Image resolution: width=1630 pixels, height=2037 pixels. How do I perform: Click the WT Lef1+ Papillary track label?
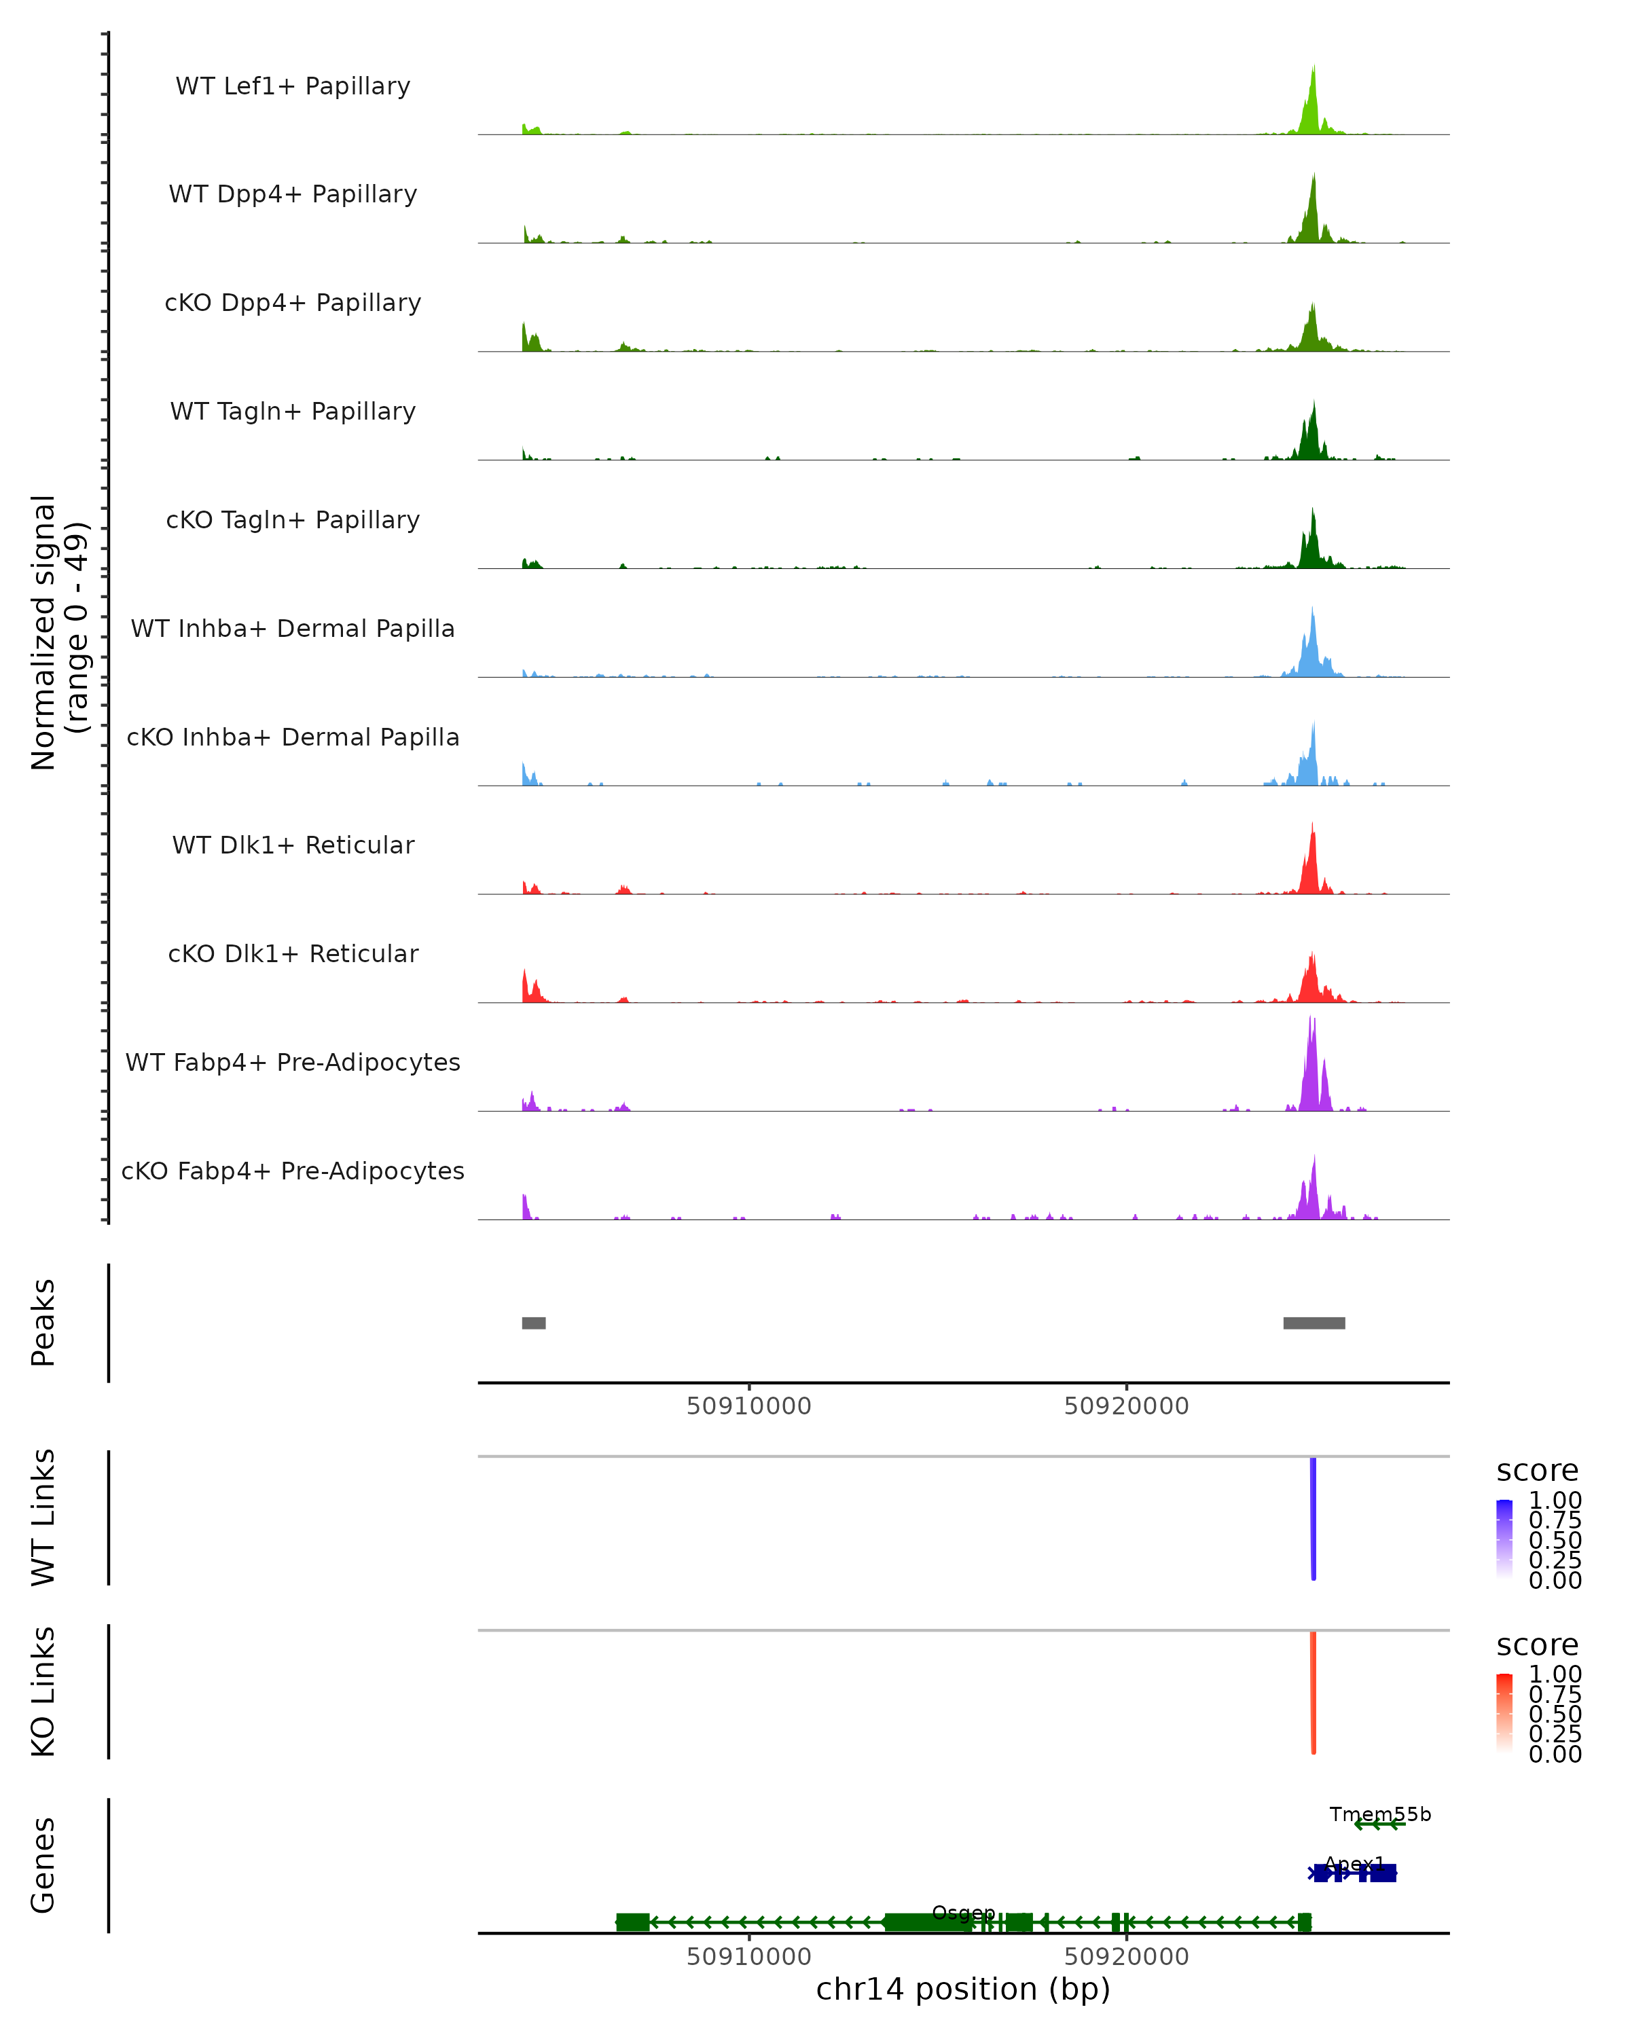click(x=293, y=86)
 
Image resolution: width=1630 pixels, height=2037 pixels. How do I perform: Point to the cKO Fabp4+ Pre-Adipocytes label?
click(x=293, y=1171)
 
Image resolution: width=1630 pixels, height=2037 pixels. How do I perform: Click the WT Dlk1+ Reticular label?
click(x=293, y=845)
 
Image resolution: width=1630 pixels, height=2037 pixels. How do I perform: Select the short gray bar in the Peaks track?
click(x=534, y=1323)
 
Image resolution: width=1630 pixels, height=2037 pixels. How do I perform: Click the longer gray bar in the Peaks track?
click(x=1314, y=1323)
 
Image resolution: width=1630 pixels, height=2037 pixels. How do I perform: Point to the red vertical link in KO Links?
click(x=1314, y=1691)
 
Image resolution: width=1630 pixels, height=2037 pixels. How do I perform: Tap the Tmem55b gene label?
click(x=1379, y=1814)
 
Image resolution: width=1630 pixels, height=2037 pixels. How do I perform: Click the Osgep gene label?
click(x=963, y=1913)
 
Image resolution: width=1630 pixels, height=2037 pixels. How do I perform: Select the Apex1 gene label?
click(x=1354, y=1864)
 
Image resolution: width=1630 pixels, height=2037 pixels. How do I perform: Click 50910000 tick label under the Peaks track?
click(x=748, y=1406)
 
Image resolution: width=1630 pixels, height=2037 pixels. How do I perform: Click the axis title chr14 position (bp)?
click(x=963, y=1989)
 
